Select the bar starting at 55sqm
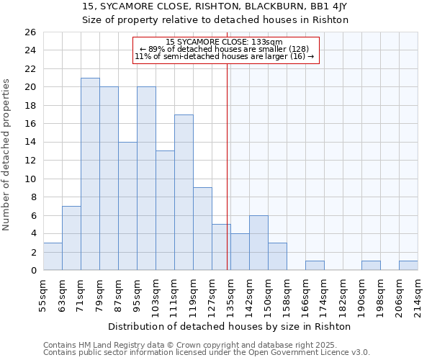[53, 256]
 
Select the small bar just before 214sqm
[408, 266]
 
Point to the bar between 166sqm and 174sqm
[315, 266]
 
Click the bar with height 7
[71, 238]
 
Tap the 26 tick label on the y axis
[30, 32]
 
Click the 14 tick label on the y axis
[30, 143]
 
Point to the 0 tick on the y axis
[32, 271]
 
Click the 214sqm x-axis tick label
[418, 294]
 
